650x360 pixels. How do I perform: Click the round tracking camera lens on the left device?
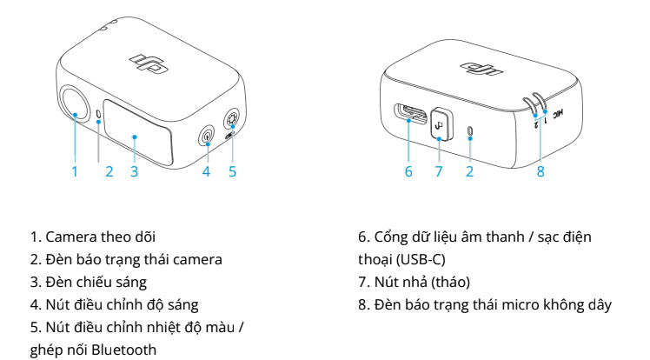point(76,103)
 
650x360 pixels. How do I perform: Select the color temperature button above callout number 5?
point(232,120)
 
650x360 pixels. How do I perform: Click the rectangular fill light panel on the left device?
point(137,131)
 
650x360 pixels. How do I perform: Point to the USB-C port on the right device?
point(410,113)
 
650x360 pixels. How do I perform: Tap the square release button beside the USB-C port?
point(441,123)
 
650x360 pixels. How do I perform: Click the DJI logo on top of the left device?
point(149,63)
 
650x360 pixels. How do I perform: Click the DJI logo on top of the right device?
point(481,69)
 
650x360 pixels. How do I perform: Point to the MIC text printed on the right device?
point(558,113)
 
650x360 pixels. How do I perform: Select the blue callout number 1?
point(75,171)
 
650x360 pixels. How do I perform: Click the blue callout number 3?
point(134,171)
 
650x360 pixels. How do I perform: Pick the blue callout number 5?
point(233,171)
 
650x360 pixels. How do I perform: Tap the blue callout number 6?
point(408,171)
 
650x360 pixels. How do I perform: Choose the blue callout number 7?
point(439,171)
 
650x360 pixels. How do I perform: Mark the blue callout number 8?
point(541,171)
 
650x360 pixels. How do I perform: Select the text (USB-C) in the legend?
point(421,260)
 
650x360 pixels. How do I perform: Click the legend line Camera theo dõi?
point(92,237)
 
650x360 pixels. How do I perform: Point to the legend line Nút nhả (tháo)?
point(415,282)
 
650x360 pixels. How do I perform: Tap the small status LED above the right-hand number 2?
point(469,130)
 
